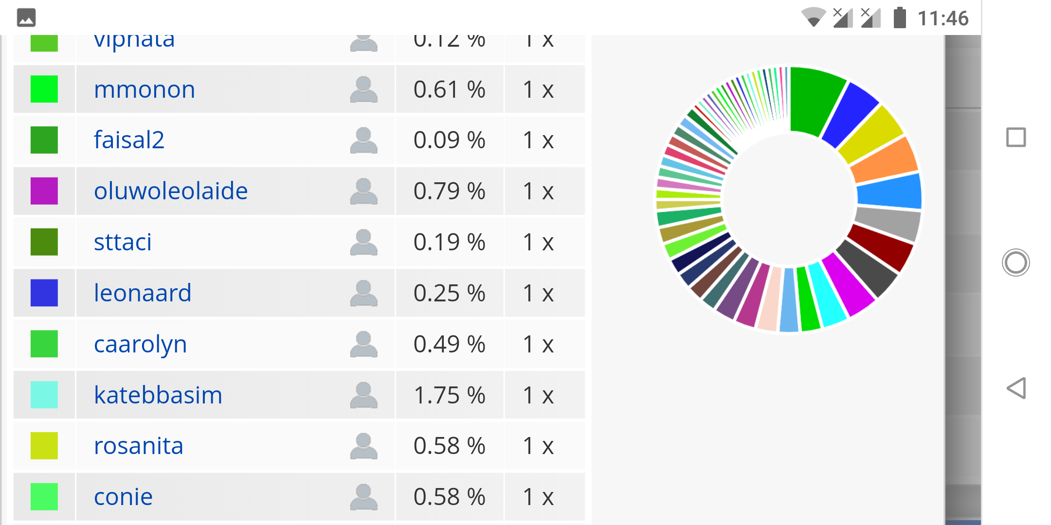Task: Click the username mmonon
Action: (145, 89)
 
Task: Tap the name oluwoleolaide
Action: (171, 191)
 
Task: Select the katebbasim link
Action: (158, 395)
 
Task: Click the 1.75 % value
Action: (449, 395)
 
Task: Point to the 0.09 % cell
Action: (449, 140)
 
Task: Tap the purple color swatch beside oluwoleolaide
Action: (44, 191)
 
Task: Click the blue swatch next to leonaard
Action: (44, 293)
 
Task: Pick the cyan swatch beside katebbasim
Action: (44, 395)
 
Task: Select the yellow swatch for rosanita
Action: (44, 446)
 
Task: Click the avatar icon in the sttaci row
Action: (363, 242)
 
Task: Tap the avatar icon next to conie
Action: (363, 497)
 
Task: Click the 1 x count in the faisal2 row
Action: (538, 140)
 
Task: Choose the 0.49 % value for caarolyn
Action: (449, 344)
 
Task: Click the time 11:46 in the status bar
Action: (942, 18)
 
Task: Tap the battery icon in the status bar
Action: (900, 18)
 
